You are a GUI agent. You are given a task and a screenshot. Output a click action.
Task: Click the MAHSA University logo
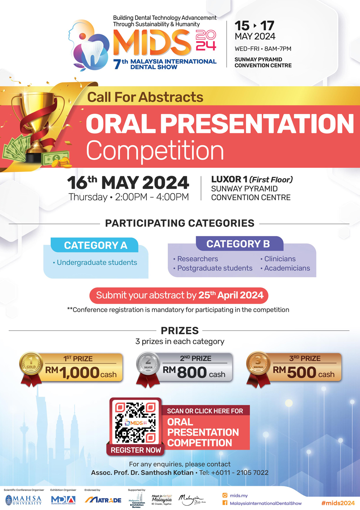tap(23, 500)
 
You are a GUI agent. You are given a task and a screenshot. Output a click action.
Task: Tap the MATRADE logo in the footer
tap(103, 500)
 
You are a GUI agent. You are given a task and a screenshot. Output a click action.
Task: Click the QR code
tap(135, 422)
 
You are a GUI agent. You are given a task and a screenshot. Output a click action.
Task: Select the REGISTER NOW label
tap(136, 450)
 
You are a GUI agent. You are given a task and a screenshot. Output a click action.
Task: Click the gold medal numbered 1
tap(31, 364)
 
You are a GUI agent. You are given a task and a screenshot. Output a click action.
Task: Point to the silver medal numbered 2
tap(148, 364)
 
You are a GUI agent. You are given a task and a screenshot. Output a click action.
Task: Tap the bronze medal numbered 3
tap(258, 364)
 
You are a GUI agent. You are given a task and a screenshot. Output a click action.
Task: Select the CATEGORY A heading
tap(95, 245)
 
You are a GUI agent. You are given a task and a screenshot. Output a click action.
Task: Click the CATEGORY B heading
tap(238, 244)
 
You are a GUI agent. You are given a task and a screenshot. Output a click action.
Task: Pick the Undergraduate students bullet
tap(96, 263)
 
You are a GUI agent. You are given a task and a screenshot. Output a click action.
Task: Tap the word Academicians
tap(287, 268)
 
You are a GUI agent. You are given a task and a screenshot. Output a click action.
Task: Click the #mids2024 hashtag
tap(338, 503)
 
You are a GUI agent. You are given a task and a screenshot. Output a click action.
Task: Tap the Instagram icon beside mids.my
tap(225, 496)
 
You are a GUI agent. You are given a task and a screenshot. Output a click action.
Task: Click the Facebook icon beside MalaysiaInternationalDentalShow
tap(225, 503)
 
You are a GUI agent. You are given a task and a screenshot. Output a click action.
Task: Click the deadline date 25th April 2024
tap(231, 295)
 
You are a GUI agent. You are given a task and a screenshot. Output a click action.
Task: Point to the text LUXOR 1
tap(229, 179)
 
